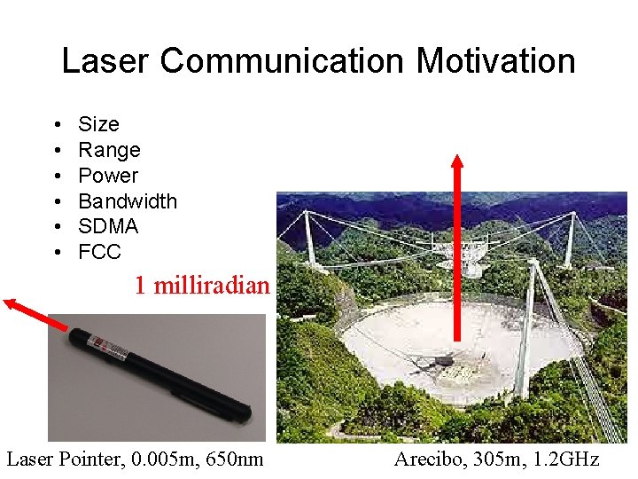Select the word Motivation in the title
click(496, 61)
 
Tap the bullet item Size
click(98, 124)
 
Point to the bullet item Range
click(109, 150)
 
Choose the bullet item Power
click(108, 176)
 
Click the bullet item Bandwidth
click(128, 201)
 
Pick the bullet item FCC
click(99, 252)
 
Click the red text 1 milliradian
click(201, 286)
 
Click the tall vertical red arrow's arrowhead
click(457, 163)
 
